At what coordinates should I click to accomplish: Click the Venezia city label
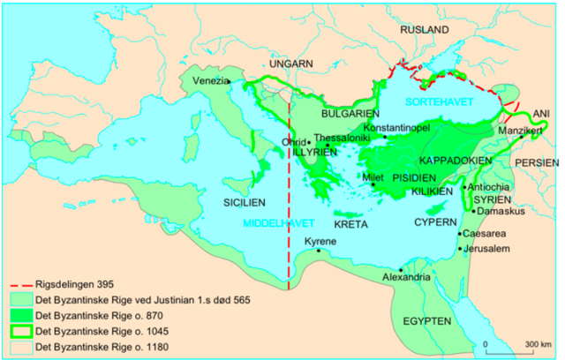(205, 80)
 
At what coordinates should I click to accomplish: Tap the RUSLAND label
(425, 29)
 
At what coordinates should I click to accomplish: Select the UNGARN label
(292, 65)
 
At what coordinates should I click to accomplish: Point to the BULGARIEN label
(350, 114)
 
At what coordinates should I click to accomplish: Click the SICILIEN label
(245, 201)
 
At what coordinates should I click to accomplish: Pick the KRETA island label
(350, 224)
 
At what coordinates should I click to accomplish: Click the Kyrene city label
(322, 241)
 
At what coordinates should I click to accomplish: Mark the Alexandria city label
(405, 278)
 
